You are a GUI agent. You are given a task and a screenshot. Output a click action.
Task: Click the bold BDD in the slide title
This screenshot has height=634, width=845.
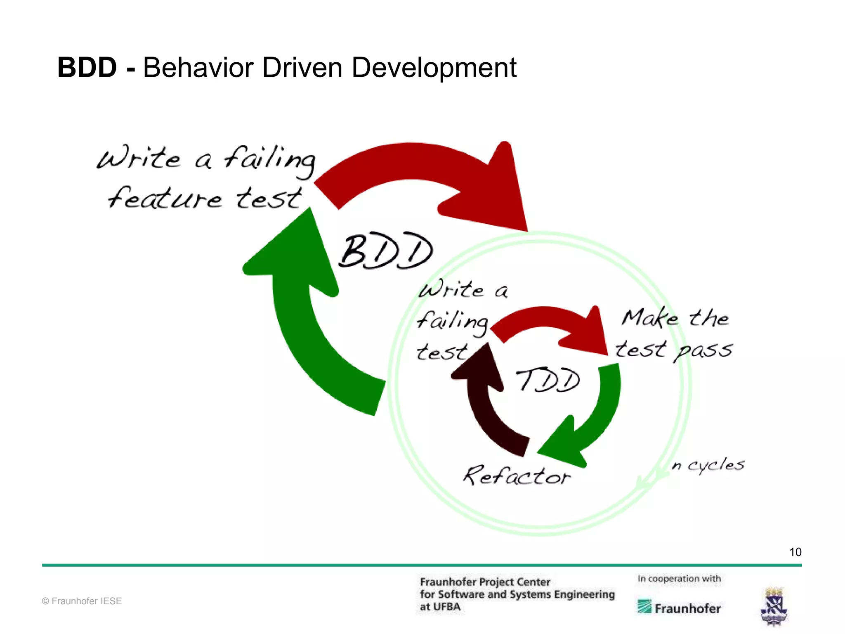pyautogui.click(x=87, y=68)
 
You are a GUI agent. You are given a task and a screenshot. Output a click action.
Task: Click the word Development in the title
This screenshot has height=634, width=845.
pyautogui.click(x=434, y=68)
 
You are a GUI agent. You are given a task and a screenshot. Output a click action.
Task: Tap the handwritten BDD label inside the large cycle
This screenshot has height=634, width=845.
pyautogui.click(x=385, y=251)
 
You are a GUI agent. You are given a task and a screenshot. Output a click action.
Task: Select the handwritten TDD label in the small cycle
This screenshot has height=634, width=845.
pyautogui.click(x=548, y=380)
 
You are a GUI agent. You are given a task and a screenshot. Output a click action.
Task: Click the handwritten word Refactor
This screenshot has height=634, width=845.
pyautogui.click(x=517, y=476)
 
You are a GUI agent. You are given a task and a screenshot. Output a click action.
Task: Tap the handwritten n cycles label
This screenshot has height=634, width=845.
pyautogui.click(x=708, y=465)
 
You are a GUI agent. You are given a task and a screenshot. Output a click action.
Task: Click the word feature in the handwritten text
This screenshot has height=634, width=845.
pyautogui.click(x=165, y=198)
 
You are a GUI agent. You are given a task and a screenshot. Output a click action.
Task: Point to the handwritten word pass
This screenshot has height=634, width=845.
pyautogui.click(x=703, y=351)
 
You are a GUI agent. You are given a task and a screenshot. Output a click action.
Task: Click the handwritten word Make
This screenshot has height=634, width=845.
pyautogui.click(x=650, y=318)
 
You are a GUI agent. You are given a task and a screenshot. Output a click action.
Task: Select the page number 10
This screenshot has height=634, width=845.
pyautogui.click(x=795, y=552)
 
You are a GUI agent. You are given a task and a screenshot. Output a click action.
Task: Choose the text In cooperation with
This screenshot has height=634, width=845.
pyautogui.click(x=679, y=579)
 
